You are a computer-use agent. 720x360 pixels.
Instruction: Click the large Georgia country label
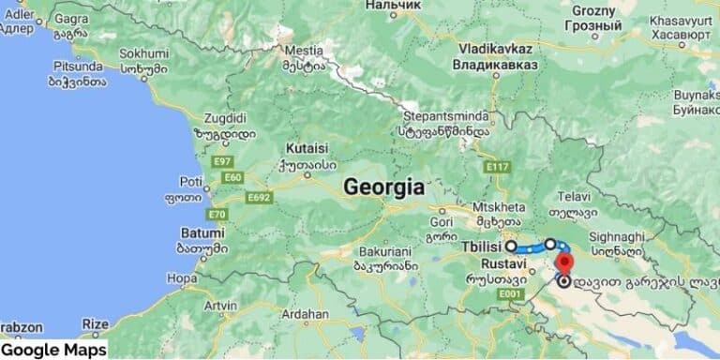click(383, 187)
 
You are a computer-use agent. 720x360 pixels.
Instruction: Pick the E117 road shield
click(497, 167)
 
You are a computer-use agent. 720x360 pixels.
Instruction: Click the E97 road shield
click(222, 161)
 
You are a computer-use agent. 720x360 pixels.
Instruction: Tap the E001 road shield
click(510, 294)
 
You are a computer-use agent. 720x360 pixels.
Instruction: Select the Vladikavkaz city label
click(496, 48)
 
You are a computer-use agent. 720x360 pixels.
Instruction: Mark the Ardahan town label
click(307, 313)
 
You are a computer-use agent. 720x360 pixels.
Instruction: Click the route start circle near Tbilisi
click(511, 247)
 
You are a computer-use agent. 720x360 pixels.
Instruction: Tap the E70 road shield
click(217, 214)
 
